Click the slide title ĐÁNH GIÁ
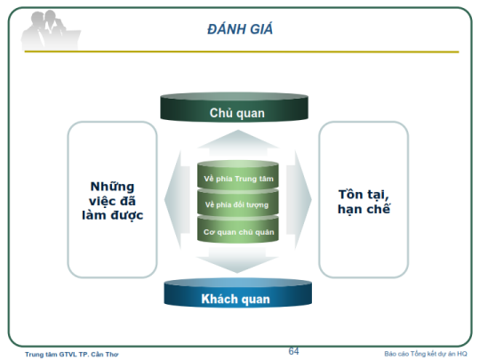240,28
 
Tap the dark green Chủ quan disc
234,108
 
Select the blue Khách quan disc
238,293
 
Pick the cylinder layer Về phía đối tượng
238,203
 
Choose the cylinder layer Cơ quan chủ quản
238,229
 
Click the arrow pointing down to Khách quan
237,260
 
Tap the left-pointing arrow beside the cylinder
178,200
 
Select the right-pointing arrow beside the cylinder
299,200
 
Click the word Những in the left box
112,187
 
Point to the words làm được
112,215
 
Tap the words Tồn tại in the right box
364,195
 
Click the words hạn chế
364,209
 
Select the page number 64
293,351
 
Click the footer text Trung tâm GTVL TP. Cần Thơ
72,354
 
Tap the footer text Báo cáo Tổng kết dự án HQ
426,354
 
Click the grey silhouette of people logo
51,30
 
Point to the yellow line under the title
242,52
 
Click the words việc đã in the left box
112,201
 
